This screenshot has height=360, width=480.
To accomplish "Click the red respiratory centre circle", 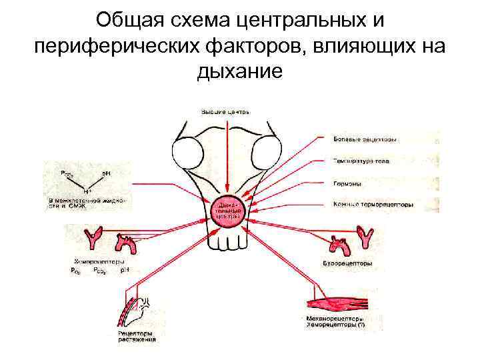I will coord(227,212).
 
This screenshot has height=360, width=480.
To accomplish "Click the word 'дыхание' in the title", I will coord(240,71).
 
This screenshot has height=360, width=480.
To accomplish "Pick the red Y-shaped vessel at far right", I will coord(365,237).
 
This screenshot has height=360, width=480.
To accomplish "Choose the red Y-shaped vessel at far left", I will coord(91,239).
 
